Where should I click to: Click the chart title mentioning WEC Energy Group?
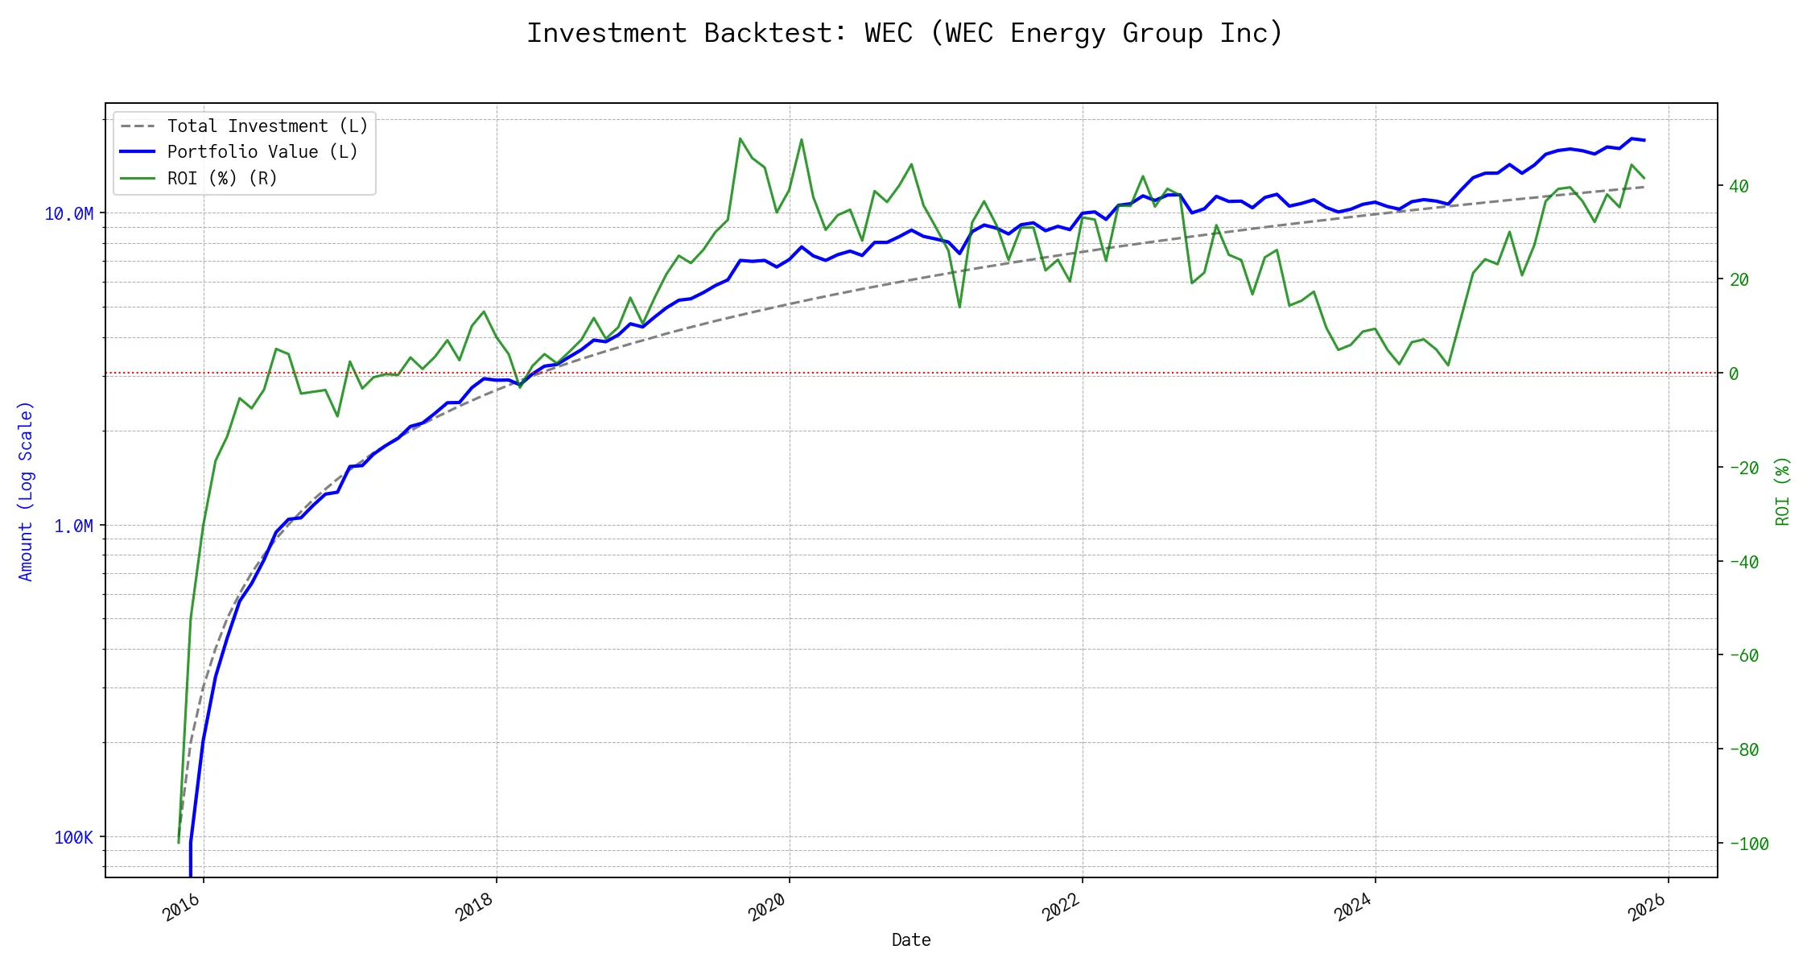point(905,33)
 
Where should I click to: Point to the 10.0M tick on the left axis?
point(69,213)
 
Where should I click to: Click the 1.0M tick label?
point(73,526)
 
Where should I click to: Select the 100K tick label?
point(73,837)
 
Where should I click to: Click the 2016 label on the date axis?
point(182,907)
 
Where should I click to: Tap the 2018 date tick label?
point(475,907)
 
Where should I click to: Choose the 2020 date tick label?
point(768,907)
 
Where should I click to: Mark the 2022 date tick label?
point(1061,907)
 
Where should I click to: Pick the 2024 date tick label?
point(1354,907)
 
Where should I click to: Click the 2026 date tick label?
point(1647,907)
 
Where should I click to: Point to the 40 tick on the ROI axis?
point(1739,186)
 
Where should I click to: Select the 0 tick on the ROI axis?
point(1734,374)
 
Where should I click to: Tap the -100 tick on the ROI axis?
point(1748,844)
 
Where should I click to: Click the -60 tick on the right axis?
point(1743,655)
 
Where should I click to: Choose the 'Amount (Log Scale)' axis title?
point(26,491)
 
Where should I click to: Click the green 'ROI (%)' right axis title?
point(1783,491)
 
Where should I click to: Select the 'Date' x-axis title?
point(911,939)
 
